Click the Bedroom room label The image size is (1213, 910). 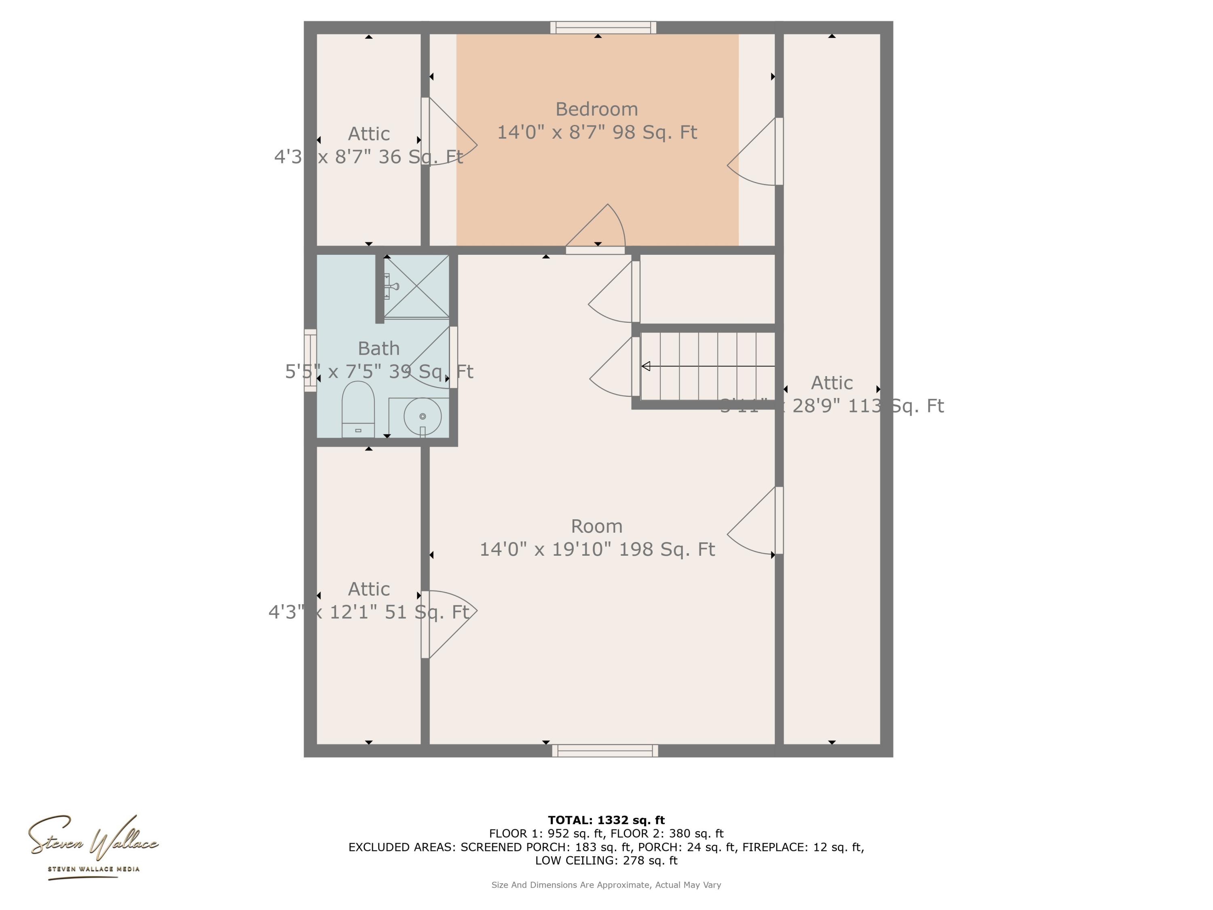(597, 109)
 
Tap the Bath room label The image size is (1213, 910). (378, 348)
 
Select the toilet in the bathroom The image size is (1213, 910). (358, 408)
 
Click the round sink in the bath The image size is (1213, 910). (422, 416)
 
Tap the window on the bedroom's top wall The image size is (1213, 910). (603, 28)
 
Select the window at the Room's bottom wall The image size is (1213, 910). (605, 751)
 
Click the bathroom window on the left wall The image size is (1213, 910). (311, 360)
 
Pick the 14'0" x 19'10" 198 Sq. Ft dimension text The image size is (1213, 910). (597, 549)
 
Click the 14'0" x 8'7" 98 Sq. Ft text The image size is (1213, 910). (597, 132)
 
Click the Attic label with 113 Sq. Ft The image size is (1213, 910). (831, 383)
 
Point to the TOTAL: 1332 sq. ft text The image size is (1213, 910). (606, 820)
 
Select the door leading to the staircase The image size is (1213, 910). (635, 366)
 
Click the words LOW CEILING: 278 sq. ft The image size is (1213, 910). (606, 860)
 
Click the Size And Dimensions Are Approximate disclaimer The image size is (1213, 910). (606, 885)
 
